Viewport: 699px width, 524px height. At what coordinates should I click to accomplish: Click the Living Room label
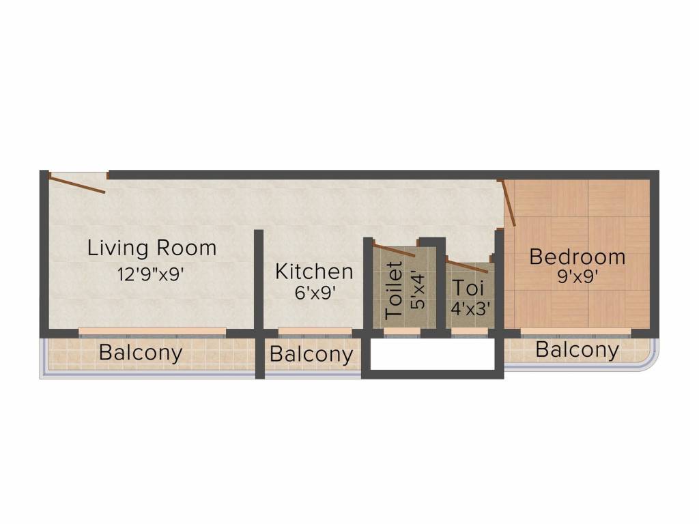pyautogui.click(x=152, y=248)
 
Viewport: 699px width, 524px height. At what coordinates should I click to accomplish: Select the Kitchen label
pyautogui.click(x=314, y=272)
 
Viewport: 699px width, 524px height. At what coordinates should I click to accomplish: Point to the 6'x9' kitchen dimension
pyautogui.click(x=314, y=294)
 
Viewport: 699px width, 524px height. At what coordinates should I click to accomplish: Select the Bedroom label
pyautogui.click(x=577, y=257)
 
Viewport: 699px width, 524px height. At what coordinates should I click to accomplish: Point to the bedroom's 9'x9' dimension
pyautogui.click(x=577, y=278)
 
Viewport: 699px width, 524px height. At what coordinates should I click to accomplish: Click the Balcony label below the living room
pyautogui.click(x=141, y=353)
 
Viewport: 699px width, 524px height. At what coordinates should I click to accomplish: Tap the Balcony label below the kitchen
pyautogui.click(x=311, y=355)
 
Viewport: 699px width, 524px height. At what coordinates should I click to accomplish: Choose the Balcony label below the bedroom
pyautogui.click(x=577, y=351)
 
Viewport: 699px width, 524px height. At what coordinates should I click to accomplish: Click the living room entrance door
pyautogui.click(x=77, y=184)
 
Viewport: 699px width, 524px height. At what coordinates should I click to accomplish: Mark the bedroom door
pyautogui.click(x=509, y=203)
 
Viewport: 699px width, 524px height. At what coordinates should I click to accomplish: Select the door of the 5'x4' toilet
pyautogui.click(x=394, y=250)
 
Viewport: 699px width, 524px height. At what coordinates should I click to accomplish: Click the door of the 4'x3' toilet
pyautogui.click(x=467, y=265)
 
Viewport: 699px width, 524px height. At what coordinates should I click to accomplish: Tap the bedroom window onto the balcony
pyautogui.click(x=575, y=332)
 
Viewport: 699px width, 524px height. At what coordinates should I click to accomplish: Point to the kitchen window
pyautogui.click(x=315, y=332)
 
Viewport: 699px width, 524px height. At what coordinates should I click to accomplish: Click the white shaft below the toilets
pyautogui.click(x=432, y=355)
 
